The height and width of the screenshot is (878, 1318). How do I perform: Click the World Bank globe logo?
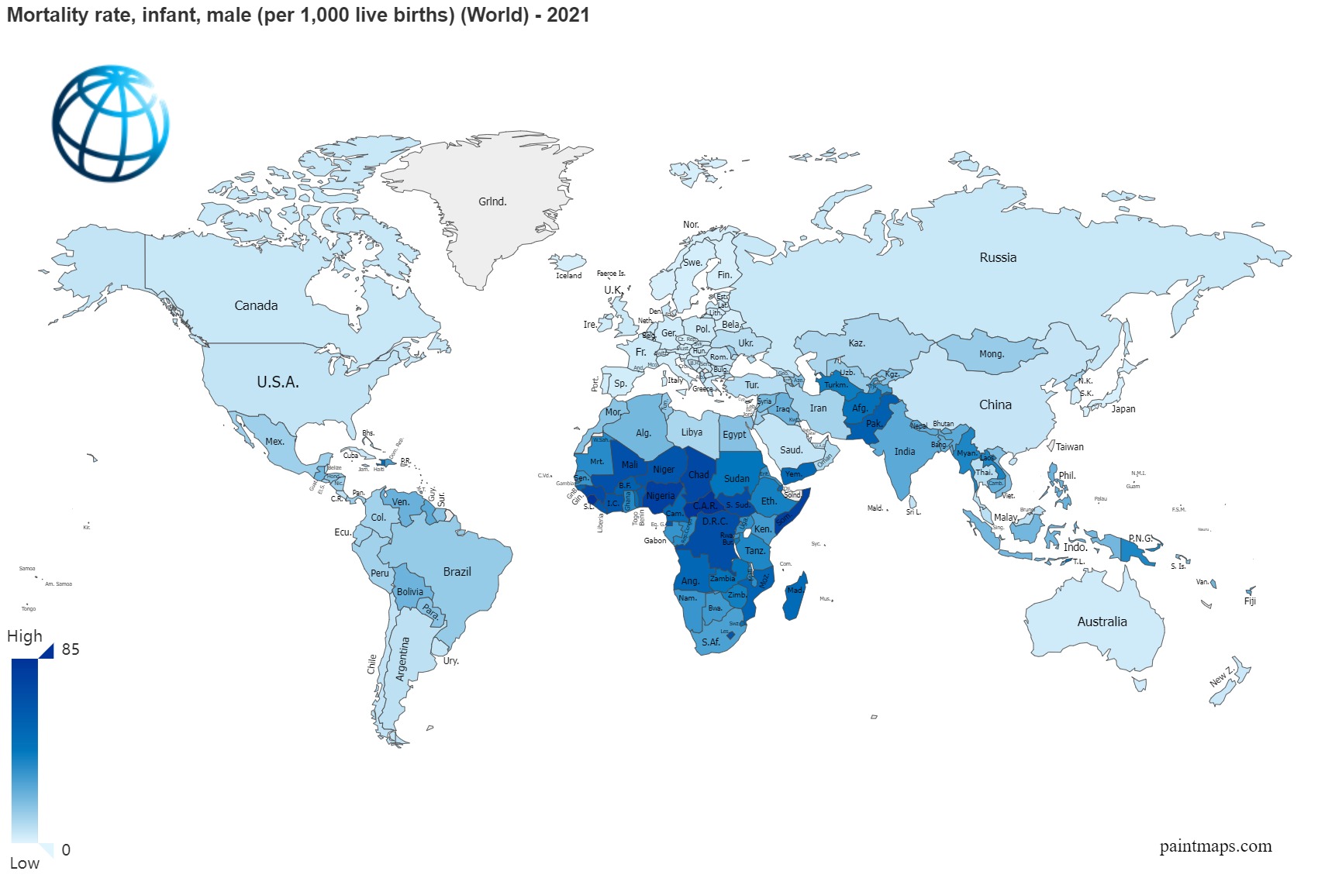[x=110, y=122]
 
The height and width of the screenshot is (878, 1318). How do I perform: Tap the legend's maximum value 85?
[x=71, y=649]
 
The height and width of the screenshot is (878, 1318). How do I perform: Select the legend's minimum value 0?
[x=66, y=850]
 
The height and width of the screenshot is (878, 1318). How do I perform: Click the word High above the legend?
[x=25, y=636]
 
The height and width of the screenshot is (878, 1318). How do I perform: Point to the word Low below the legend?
[x=24, y=863]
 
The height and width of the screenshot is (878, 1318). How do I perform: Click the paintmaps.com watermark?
[x=1215, y=846]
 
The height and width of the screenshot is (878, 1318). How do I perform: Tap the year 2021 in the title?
[x=568, y=15]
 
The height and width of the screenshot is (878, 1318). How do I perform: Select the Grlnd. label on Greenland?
[x=492, y=201]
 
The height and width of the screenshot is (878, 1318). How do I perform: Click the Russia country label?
[x=997, y=257]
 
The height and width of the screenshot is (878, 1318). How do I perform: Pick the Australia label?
[x=1102, y=621]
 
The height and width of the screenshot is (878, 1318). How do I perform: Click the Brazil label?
[x=457, y=572]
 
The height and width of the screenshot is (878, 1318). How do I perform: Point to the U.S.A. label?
[x=278, y=382]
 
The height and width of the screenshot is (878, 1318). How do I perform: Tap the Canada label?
[x=256, y=305]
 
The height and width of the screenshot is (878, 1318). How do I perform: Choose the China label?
[x=995, y=405]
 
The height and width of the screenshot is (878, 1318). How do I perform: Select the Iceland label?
[x=568, y=275]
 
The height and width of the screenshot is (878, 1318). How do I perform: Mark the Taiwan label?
[x=1069, y=447]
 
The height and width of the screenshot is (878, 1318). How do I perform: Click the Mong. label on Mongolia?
[x=991, y=354]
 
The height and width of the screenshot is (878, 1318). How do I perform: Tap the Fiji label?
[x=1249, y=601]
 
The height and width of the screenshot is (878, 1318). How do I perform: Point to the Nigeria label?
[x=661, y=496]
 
